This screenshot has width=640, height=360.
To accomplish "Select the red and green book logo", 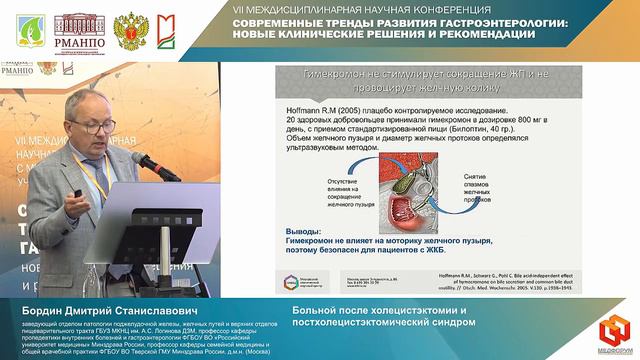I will point(164,31).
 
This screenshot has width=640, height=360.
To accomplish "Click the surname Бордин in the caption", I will point(32,312).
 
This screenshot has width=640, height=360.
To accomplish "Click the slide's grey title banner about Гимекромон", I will point(415,81).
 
